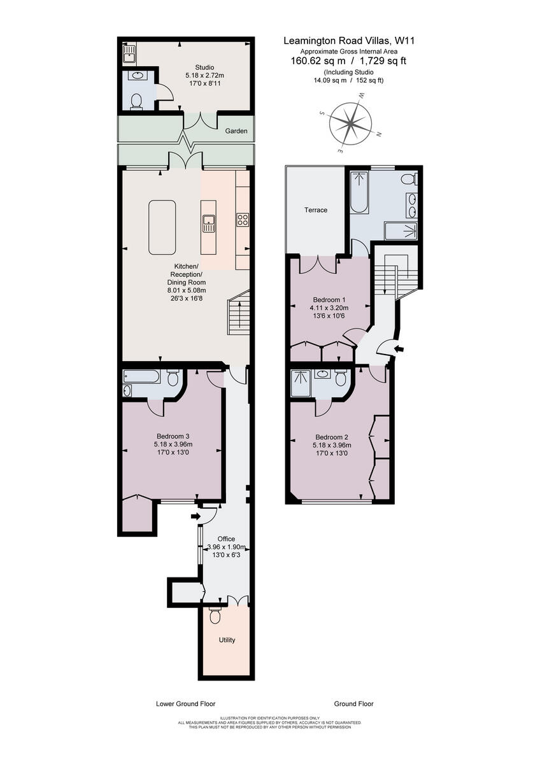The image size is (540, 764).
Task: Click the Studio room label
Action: point(204,67)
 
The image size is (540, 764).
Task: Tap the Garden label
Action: point(236,131)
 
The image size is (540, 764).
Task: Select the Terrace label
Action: point(316,210)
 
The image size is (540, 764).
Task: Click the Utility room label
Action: point(227,640)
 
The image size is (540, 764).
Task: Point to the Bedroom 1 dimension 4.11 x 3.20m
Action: point(329,308)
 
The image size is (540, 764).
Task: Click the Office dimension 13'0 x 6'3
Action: point(227,555)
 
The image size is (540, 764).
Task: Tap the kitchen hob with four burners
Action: point(243,219)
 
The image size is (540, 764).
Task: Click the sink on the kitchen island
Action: point(208,223)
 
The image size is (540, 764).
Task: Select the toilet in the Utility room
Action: point(215,616)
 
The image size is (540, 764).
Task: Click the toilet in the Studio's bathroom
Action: point(136,102)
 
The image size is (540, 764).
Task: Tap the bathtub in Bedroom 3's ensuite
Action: point(141,376)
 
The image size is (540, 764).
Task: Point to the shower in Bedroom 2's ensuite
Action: point(301,383)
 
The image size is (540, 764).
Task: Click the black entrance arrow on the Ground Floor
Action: point(400,349)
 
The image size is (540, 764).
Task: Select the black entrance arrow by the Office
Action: point(195,516)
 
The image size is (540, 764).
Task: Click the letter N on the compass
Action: point(379,134)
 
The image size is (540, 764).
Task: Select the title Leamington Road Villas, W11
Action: point(350,41)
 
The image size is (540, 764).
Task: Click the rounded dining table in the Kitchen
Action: point(162,227)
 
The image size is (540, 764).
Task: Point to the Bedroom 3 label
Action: point(173,436)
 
